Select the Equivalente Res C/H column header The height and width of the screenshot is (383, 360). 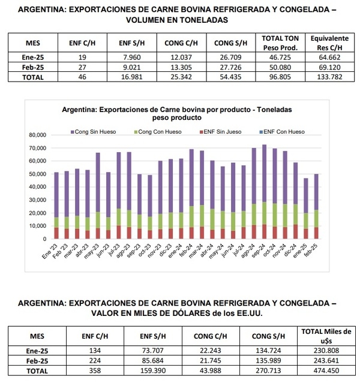point(326,43)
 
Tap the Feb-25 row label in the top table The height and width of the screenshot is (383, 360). point(34,68)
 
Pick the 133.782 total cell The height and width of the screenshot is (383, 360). point(326,77)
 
